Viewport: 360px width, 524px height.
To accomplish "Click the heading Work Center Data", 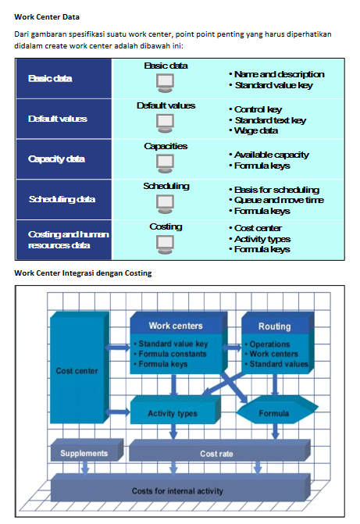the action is pos(47,17).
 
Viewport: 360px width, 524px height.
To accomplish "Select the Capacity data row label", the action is pos(56,159).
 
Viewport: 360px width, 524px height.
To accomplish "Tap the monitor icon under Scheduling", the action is pos(165,204).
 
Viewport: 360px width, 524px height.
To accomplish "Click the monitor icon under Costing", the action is pos(165,244).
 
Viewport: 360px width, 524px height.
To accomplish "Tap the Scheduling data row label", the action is pos(62,199).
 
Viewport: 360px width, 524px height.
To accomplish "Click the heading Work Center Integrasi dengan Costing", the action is pos(83,273).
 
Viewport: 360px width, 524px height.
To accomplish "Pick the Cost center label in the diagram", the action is pos(77,371).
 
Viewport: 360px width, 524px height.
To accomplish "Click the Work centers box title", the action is pos(176,326).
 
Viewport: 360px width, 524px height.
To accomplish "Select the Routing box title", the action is pos(274,326).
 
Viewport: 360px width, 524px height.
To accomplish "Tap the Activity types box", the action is pos(175,410).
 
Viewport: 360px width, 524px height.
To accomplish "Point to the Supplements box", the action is pos(87,450).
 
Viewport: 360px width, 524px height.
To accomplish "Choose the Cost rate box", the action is pos(219,451).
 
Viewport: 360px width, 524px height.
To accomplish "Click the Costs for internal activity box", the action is pos(180,487).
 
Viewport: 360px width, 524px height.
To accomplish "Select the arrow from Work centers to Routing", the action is pos(232,348).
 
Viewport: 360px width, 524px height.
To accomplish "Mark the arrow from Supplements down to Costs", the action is pos(85,468).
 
